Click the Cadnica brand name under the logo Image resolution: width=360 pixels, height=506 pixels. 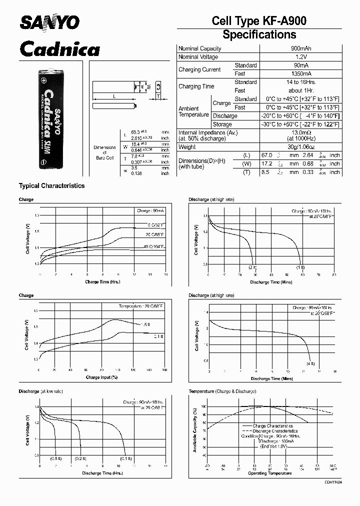pos(59,49)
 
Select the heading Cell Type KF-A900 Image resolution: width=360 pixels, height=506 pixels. pos(259,21)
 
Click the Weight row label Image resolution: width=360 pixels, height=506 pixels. pos(187,147)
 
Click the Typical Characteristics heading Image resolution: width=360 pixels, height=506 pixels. pos(51,185)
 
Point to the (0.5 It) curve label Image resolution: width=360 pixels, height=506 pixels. pos(56,458)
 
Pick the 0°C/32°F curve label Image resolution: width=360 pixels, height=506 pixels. pos(156,225)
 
